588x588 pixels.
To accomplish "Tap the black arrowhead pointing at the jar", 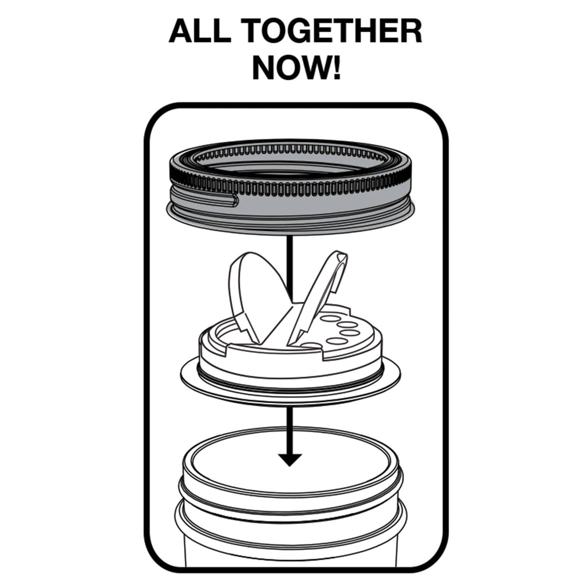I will [290, 458].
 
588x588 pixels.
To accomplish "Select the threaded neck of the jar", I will [290, 505].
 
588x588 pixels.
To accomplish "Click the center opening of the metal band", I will [290, 167].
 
